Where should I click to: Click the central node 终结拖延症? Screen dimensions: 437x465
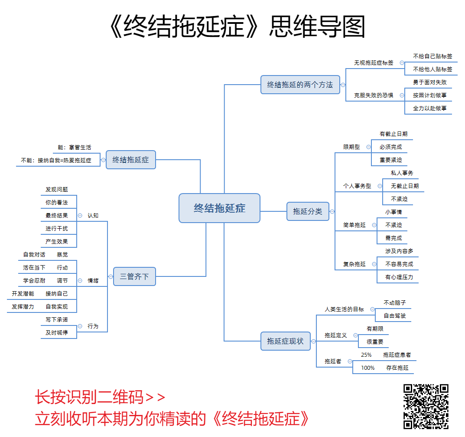click(x=219, y=208)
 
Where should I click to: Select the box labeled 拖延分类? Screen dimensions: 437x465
click(x=308, y=211)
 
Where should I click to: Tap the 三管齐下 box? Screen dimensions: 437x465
click(x=134, y=276)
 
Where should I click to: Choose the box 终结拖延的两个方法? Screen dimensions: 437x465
click(x=300, y=85)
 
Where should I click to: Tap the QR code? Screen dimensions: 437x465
click(x=426, y=407)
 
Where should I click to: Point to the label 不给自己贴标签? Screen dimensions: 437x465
click(x=432, y=56)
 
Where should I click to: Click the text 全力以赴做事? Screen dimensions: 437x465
click(x=429, y=108)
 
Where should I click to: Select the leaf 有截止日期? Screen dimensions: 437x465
click(x=393, y=134)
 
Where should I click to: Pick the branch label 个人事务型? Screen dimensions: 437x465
click(x=357, y=186)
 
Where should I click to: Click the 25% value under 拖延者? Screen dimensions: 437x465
click(x=366, y=355)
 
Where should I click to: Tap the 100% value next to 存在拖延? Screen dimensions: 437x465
click(x=368, y=368)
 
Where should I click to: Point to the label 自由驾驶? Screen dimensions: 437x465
click(x=395, y=315)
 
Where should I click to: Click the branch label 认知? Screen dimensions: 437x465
click(x=93, y=215)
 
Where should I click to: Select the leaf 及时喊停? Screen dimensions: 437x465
click(x=57, y=332)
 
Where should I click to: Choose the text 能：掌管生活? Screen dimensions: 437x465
click(x=75, y=148)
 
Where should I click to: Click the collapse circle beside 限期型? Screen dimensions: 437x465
click(x=368, y=147)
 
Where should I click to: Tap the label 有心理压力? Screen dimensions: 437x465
click(x=399, y=277)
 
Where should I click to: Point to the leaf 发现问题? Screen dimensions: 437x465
click(x=57, y=190)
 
